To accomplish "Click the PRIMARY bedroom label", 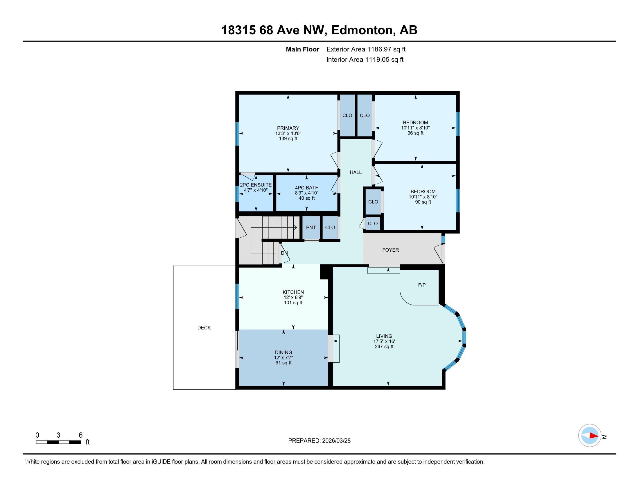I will (288, 128).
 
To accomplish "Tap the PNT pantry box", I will (311, 228).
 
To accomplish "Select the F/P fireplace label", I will (422, 285).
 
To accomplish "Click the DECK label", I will (204, 328).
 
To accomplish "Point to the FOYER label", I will (390, 250).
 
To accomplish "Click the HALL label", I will (356, 172).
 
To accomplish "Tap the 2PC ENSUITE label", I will (256, 185).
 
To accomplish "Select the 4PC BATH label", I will (306, 188).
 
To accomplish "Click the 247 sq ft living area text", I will (384, 347).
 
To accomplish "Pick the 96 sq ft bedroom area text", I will (415, 133).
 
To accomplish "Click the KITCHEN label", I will (293, 292).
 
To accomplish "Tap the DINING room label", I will (283, 352).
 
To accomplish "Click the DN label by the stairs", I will (284, 253).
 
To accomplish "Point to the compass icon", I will (590, 436).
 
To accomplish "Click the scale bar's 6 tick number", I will (80, 435).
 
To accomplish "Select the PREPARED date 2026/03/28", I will (336, 441).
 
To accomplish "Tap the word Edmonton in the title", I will (362, 30).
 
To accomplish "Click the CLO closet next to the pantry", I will (330, 228).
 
